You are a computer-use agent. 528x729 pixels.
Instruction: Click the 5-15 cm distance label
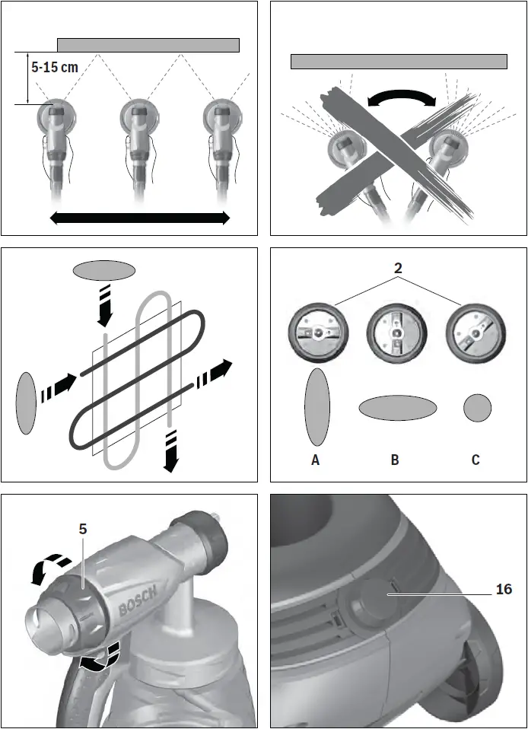coord(55,67)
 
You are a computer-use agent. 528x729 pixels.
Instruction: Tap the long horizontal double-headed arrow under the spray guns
coord(139,218)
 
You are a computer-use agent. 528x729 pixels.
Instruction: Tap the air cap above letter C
coord(475,336)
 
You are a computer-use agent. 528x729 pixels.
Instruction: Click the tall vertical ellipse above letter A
coord(316,407)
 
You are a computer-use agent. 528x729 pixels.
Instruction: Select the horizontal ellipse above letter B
coord(397,408)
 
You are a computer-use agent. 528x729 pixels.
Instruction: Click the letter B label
coord(395,460)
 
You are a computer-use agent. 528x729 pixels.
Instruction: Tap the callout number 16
coord(504,590)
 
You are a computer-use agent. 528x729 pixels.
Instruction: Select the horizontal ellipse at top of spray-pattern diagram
coord(104,270)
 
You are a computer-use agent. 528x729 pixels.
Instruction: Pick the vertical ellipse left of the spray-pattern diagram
coord(26,403)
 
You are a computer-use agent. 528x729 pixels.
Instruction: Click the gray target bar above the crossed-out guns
coord(399,62)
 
